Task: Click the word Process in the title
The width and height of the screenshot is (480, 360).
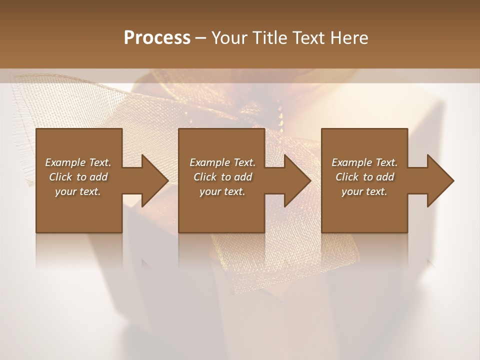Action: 157,37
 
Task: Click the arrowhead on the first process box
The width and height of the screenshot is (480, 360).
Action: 150,180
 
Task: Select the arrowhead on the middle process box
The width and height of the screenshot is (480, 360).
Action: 293,180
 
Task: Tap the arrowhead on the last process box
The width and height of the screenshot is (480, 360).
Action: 436,180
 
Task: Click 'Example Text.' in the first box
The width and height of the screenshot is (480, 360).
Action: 78,162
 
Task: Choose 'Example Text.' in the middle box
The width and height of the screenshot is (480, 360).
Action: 222,162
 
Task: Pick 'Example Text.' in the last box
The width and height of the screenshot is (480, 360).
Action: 364,162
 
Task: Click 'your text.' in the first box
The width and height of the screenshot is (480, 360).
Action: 78,191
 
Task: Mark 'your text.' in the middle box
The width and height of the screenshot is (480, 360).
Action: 222,191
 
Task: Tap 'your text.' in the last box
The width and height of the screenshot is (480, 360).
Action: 364,191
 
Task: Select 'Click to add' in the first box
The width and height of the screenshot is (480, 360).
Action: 78,177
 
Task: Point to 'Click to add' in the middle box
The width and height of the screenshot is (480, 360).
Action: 222,177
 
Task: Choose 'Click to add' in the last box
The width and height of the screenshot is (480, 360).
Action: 364,177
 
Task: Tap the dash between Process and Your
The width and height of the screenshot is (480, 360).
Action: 200,38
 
